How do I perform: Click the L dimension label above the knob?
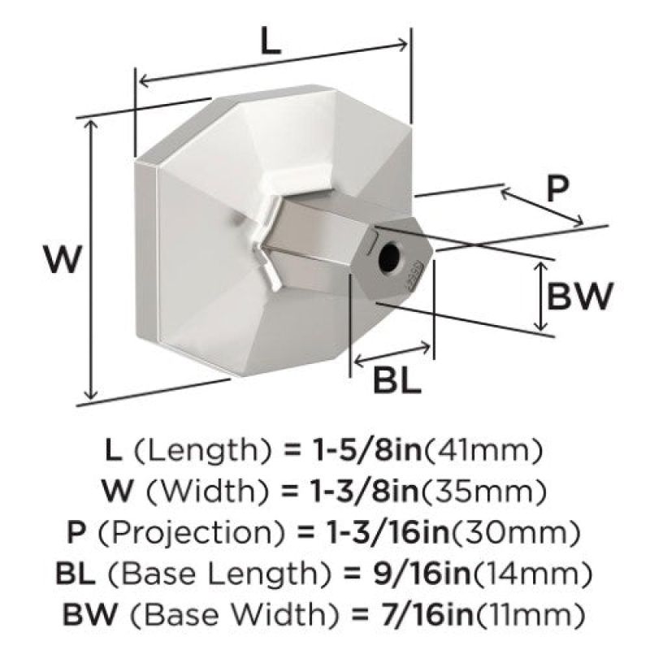tap(271, 41)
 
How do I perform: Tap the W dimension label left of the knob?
tap(63, 259)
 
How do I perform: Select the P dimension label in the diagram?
tap(557, 188)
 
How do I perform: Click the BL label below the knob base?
tap(396, 380)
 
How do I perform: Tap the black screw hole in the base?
tap(390, 256)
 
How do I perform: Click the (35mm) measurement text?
tap(483, 492)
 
